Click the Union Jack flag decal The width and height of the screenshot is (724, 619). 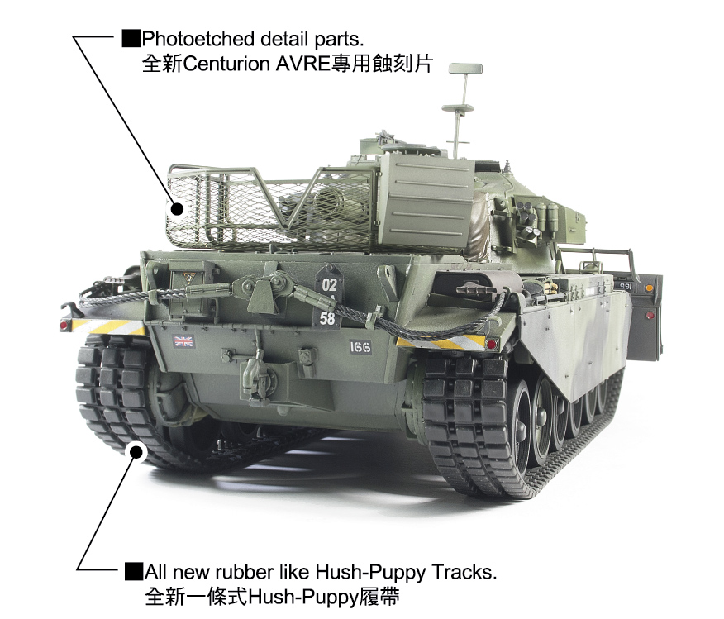click(183, 341)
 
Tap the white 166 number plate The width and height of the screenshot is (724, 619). click(360, 347)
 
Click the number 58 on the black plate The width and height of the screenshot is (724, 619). click(327, 318)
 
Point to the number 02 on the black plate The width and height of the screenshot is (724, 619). click(329, 284)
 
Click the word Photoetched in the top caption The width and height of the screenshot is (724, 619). click(198, 39)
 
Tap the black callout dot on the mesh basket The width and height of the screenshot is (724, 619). click(177, 208)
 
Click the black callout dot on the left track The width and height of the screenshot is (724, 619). click(136, 451)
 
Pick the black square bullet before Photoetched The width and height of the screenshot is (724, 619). click(131, 38)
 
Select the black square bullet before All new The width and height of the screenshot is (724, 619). click(133, 571)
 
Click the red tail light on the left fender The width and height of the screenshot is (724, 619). click(64, 326)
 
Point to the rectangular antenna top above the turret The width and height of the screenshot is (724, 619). click(465, 69)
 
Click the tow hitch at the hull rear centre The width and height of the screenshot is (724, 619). click(252, 369)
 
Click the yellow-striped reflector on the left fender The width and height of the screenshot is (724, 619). click(107, 326)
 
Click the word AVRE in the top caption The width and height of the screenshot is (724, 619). click(302, 64)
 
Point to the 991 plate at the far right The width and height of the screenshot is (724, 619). click(625, 286)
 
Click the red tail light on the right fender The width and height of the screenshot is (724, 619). click(491, 345)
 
